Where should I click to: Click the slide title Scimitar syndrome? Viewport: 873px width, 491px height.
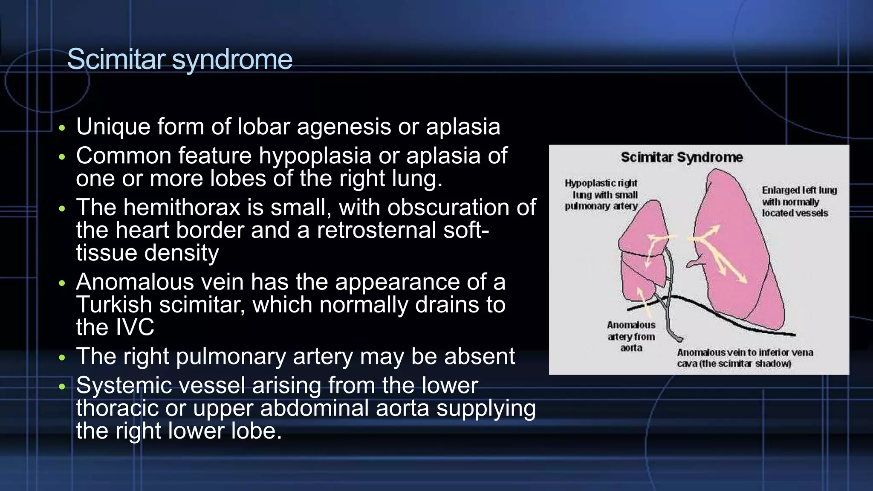(179, 59)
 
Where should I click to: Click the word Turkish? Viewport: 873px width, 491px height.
(114, 305)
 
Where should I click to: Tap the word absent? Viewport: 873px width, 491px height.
(480, 356)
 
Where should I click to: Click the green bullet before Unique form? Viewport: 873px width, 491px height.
(62, 128)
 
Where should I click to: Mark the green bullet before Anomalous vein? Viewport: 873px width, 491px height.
(62, 283)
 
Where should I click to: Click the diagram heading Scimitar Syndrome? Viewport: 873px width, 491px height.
(682, 157)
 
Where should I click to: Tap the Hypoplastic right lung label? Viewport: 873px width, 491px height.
(601, 195)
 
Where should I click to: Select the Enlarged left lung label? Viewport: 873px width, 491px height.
(799, 202)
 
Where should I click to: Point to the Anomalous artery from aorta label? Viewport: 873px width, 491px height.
(631, 336)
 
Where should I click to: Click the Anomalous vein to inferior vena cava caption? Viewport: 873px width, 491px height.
(745, 358)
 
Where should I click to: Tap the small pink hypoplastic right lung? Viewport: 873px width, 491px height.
(639, 256)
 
